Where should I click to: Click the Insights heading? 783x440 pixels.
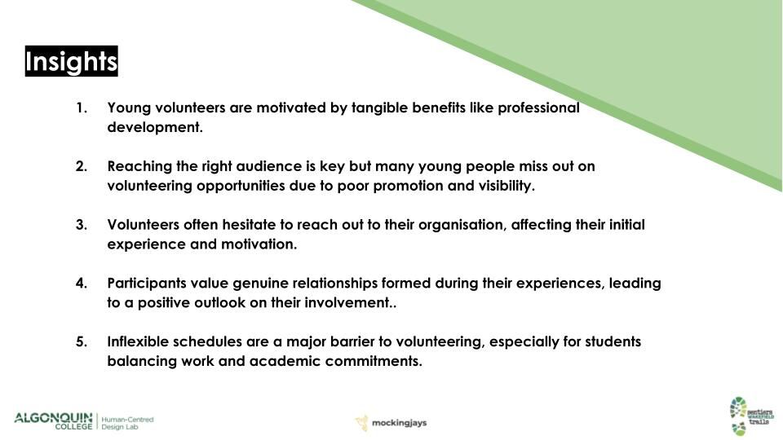[72, 61]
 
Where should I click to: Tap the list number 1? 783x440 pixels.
[82, 108]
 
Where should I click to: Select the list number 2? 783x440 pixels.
[82, 166]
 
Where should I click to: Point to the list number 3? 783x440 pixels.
[82, 225]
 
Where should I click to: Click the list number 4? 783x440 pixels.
[82, 283]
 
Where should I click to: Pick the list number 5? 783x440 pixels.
[82, 341]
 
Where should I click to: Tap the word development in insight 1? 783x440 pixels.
[155, 127]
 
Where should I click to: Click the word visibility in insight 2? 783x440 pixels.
[507, 186]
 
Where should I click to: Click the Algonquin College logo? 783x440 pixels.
[54, 420]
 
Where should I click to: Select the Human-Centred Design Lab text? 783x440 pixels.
[127, 423]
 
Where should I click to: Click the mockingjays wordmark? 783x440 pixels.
[399, 423]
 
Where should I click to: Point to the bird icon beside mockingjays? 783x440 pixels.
[361, 423]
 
